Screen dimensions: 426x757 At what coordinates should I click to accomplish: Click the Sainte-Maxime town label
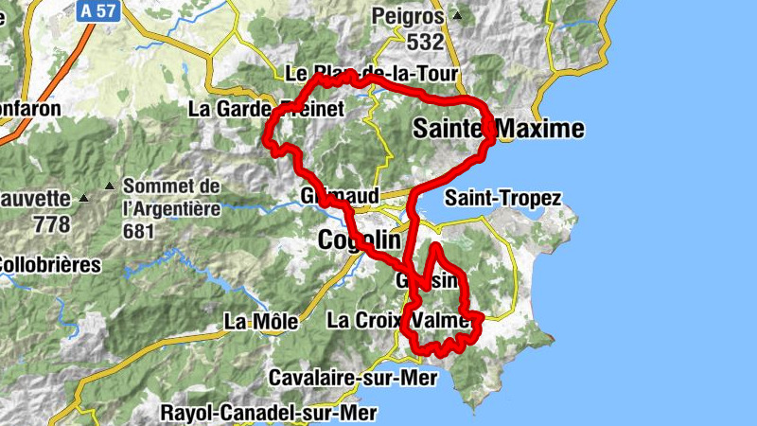tap(498, 129)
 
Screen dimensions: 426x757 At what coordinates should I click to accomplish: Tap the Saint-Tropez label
tap(503, 199)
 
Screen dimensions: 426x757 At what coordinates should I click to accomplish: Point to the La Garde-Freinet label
tap(266, 109)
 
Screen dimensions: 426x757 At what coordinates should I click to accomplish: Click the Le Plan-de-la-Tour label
tap(371, 74)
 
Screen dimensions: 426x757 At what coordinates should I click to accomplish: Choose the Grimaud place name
tap(338, 196)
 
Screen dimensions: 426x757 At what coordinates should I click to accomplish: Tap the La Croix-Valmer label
tap(398, 320)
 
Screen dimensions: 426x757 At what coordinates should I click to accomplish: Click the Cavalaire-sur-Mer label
tap(353, 378)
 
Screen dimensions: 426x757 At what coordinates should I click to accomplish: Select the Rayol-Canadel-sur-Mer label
tap(269, 413)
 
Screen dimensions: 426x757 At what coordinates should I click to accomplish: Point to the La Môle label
tap(260, 322)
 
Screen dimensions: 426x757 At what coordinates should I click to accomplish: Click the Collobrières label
tap(49, 265)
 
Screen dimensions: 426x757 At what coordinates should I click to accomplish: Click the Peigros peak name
tap(409, 16)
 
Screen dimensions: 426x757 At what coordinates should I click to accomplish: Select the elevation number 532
tap(425, 42)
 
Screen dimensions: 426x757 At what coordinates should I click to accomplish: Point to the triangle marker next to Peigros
tap(457, 16)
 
